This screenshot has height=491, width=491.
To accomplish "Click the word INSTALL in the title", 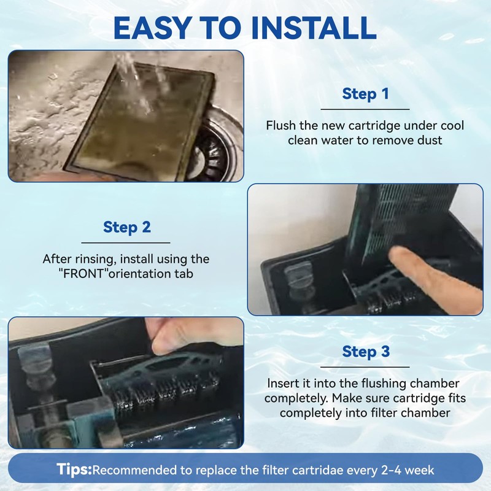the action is click(x=314, y=28).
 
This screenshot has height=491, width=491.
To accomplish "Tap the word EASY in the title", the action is click(x=152, y=28).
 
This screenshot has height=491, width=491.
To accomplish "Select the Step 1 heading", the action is click(x=365, y=94).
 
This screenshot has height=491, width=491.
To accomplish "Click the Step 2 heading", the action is click(x=127, y=227).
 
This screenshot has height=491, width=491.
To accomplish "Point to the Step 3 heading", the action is click(x=366, y=351).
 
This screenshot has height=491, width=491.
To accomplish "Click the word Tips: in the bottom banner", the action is click(x=74, y=470).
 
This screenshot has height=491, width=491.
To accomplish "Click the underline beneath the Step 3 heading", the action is click(x=365, y=367).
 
